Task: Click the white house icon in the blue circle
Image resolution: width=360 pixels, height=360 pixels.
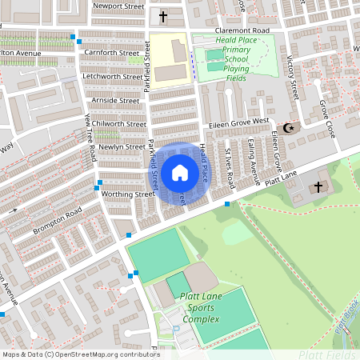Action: tap(180, 172)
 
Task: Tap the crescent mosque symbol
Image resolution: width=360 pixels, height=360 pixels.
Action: tap(289, 128)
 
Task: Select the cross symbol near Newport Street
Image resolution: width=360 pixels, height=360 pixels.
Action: tap(163, 16)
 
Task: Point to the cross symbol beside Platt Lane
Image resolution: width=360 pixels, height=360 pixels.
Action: tap(318, 187)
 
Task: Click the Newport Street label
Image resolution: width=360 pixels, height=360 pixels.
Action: tap(118, 6)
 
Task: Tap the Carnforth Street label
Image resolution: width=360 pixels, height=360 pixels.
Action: tap(111, 53)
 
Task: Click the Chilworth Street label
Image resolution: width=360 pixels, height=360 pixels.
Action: tap(119, 124)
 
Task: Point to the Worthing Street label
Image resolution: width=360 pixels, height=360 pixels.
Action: tap(125, 194)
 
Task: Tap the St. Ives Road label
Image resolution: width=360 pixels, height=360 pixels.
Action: tap(228, 163)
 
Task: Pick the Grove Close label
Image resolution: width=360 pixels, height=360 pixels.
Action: tap(325, 116)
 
